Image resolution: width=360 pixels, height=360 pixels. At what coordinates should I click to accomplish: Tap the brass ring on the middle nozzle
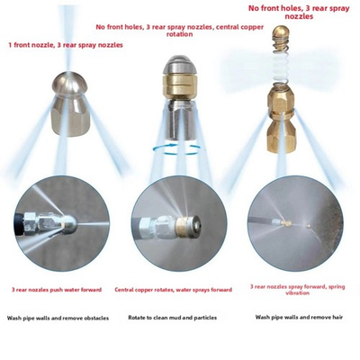(176, 103)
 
